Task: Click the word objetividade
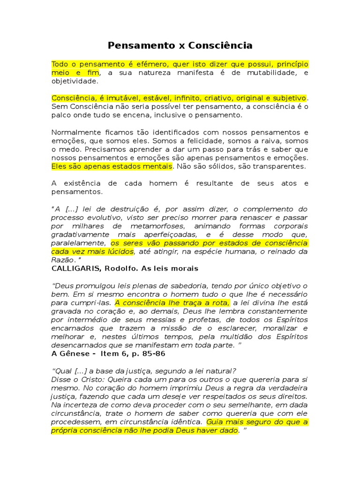tap(75, 81)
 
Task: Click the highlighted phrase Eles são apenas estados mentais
tap(112, 166)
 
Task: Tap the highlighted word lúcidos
tap(120, 252)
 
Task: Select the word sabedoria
tap(192, 285)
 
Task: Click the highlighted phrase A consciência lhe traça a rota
tap(172, 302)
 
